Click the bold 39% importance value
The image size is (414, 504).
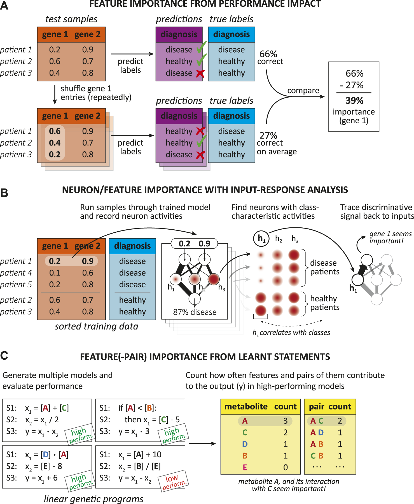tap(354, 101)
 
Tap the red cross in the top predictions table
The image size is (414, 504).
tap(200, 74)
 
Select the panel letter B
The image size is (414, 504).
tap(4, 193)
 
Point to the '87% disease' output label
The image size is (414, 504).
tap(195, 312)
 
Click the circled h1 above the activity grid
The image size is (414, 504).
tap(261, 239)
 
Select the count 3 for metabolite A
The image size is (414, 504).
tap(286, 421)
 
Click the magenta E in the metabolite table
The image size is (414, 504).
tap(245, 467)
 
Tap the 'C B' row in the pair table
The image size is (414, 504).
tap(317, 456)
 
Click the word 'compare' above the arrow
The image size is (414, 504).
tap(303, 91)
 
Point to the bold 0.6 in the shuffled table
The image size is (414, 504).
tap(55, 131)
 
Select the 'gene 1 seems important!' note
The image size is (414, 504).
tap(390, 237)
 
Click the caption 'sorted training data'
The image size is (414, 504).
tap(96, 326)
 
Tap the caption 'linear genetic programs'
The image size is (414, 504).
tap(93, 499)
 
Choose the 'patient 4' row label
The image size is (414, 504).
tap(16, 273)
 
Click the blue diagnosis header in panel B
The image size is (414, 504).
tap(132, 246)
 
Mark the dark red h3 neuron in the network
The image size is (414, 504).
tap(214, 279)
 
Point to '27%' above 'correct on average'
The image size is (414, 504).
tap(268, 136)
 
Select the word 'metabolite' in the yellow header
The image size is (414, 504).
tap(246, 406)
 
